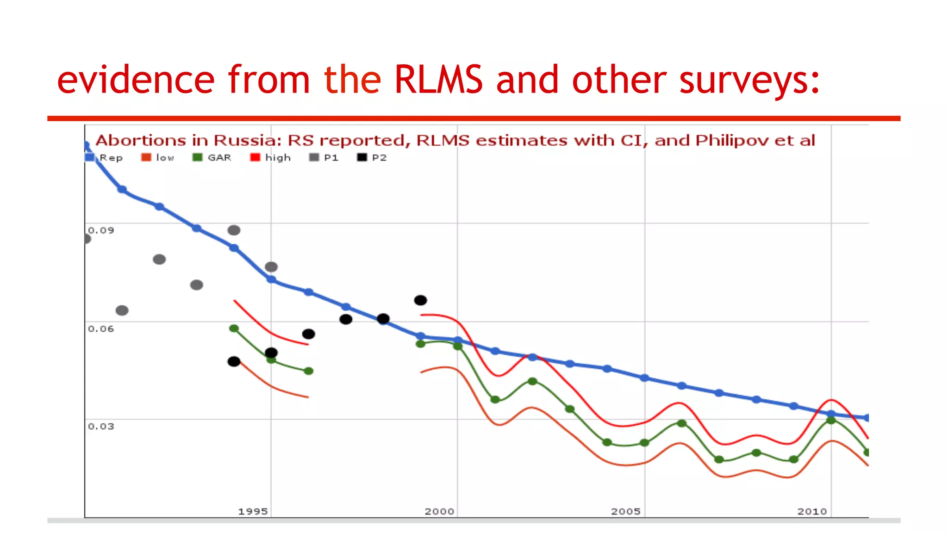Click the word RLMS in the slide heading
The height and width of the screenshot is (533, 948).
coord(438,80)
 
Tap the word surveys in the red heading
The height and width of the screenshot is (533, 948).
coord(749,80)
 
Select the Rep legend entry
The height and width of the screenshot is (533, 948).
coord(105,158)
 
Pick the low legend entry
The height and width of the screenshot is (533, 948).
coord(158,158)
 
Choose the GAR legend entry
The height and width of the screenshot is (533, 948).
coord(212,158)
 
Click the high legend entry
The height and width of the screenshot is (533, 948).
coord(271,158)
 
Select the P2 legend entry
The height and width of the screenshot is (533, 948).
coord(372,158)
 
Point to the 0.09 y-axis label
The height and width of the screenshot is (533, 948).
coord(101,230)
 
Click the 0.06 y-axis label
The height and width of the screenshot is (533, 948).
coord(101,329)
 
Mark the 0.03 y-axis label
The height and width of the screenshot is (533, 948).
coord(101,427)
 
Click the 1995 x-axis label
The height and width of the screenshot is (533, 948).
coord(253,512)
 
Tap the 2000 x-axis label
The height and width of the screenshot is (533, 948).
coord(439,512)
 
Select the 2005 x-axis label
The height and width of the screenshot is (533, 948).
coord(626,512)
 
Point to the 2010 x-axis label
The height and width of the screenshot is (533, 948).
coord(812,512)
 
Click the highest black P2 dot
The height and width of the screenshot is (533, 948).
coord(420,300)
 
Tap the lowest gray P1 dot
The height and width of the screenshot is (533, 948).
coord(122,310)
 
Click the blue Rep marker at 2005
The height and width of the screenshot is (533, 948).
coord(644,378)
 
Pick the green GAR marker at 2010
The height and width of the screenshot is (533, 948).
coord(831,420)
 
